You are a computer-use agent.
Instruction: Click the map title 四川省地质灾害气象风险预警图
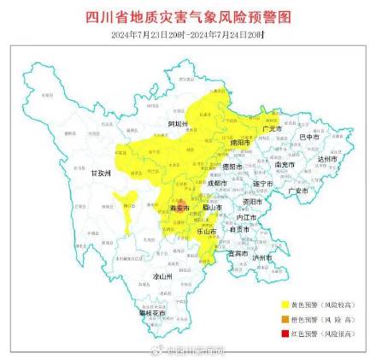click(x=188, y=17)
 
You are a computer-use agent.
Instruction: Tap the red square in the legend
click(x=284, y=331)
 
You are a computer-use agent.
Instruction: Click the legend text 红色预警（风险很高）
click(x=320, y=331)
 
